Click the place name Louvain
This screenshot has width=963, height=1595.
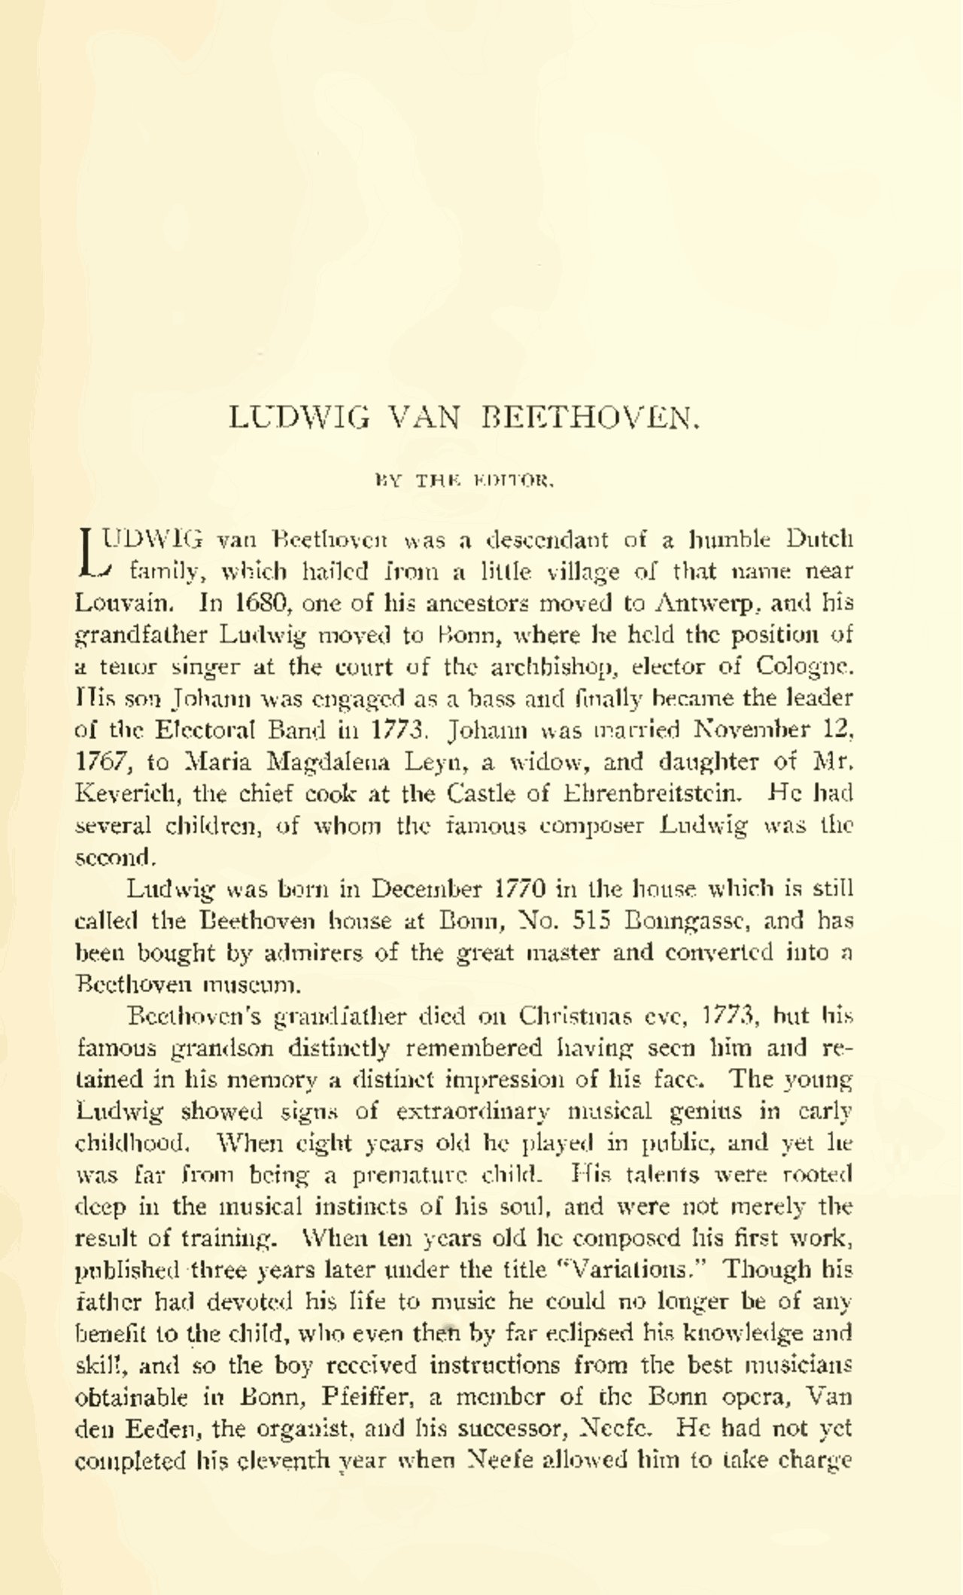[x=125, y=604]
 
